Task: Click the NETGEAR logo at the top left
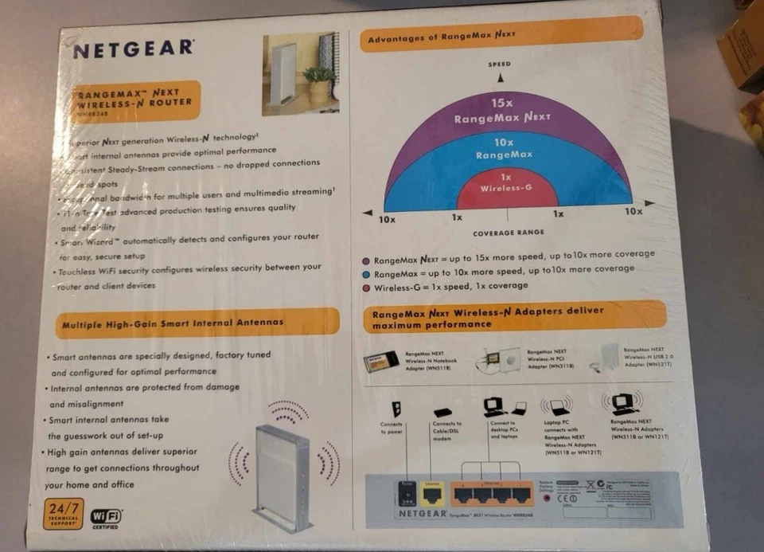click(x=133, y=49)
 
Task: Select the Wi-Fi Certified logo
click(x=106, y=518)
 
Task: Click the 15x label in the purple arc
click(x=501, y=102)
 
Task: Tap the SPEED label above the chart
click(x=500, y=64)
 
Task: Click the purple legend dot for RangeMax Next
click(x=365, y=260)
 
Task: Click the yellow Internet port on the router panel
click(x=433, y=495)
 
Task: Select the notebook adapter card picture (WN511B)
click(x=381, y=362)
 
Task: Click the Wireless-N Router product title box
click(x=134, y=100)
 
